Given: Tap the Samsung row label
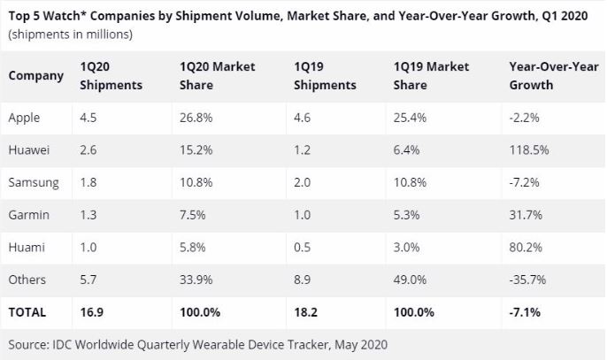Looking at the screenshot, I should (x=34, y=182).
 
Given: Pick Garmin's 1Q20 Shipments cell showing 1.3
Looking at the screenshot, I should (x=88, y=215).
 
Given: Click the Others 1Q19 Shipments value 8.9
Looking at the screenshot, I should (x=302, y=280).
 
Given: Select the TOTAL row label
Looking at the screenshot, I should (x=27, y=311).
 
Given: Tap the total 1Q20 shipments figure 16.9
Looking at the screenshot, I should (x=90, y=311).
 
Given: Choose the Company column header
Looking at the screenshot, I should (x=35, y=75).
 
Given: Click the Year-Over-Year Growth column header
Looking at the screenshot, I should (x=552, y=75).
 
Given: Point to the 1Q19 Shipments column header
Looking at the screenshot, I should (x=325, y=75).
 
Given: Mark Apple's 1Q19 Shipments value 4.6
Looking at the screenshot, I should (x=302, y=117).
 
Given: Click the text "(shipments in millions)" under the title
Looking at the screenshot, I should (x=70, y=34).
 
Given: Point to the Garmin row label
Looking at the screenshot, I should (x=29, y=215).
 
